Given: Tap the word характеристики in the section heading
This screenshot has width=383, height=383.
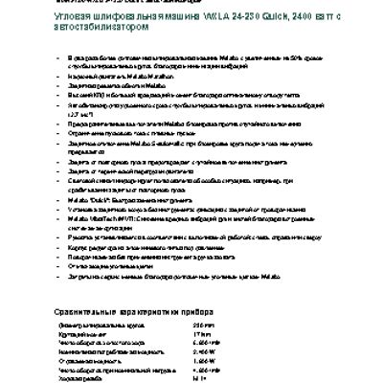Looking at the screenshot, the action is [x=148, y=312].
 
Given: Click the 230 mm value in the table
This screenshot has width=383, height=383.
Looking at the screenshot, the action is [x=202, y=327].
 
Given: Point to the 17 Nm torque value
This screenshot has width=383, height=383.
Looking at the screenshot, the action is [x=199, y=334].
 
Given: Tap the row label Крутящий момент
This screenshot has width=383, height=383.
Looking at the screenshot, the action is [x=78, y=334].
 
